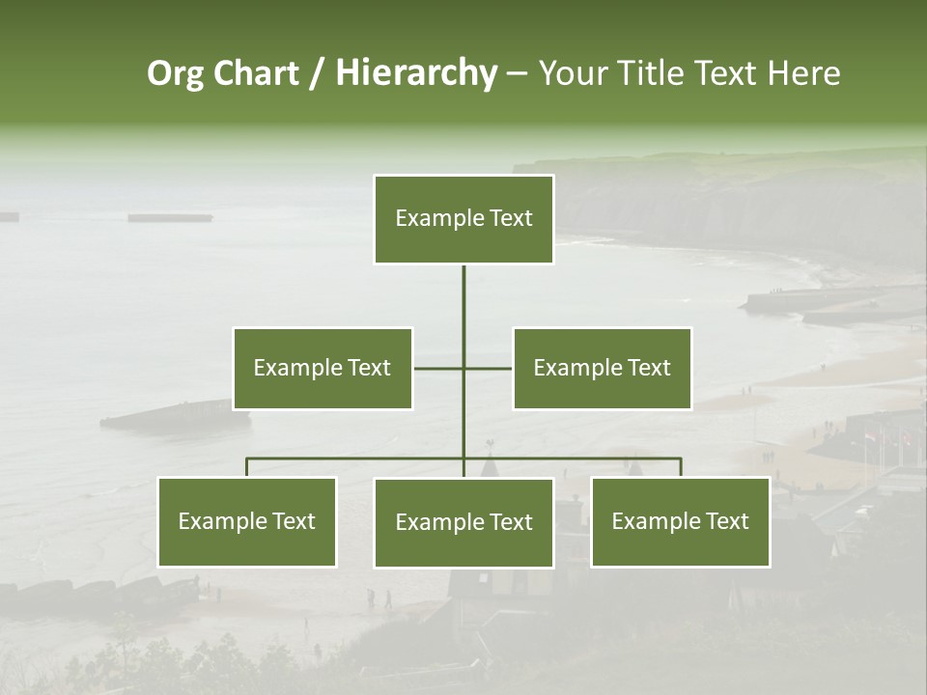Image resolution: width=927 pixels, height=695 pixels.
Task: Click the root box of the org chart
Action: click(463, 219)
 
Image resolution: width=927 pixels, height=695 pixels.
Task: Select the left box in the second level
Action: click(323, 368)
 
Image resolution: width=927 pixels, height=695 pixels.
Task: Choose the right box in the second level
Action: click(602, 368)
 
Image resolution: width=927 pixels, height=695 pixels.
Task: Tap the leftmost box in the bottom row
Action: click(247, 521)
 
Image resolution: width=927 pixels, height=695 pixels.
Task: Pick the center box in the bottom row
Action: click(463, 522)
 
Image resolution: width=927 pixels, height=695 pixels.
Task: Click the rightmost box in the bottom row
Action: click(681, 521)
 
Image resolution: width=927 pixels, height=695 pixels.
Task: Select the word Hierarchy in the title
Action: click(416, 73)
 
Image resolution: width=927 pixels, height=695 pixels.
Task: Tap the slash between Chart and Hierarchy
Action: click(317, 73)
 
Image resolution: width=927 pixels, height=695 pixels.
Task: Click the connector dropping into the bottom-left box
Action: click(247, 467)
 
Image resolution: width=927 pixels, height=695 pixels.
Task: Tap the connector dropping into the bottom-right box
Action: click(681, 467)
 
